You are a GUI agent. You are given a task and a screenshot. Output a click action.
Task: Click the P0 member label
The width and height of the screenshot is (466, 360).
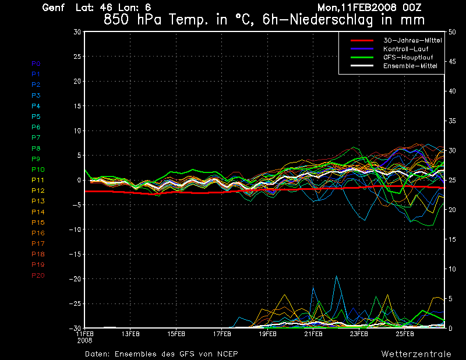coord(36,63)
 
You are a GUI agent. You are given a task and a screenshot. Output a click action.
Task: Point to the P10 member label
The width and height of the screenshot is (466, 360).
coord(38,170)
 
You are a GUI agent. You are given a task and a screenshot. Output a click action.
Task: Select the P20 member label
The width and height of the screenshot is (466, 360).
coord(38,276)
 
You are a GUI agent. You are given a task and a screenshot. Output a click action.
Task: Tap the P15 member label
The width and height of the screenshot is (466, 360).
coord(38,223)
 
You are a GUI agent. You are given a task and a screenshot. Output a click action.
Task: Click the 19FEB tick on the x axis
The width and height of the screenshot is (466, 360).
coord(267,334)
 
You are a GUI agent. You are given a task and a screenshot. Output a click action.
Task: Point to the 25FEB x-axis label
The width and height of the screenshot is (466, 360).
coord(405,334)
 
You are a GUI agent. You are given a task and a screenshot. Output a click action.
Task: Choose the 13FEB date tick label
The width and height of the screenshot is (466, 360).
coord(130,334)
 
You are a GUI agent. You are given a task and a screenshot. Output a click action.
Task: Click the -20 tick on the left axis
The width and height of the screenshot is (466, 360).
coord(76,279)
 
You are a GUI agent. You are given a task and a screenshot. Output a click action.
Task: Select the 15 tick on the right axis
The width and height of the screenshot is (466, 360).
coord(449,239)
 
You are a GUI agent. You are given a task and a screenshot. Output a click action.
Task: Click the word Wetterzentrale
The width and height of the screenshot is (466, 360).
coord(416,354)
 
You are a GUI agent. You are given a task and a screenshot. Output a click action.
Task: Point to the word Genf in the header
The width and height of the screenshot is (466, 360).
coord(53,8)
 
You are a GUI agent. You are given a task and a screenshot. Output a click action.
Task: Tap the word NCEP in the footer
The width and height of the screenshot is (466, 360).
coord(226,354)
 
